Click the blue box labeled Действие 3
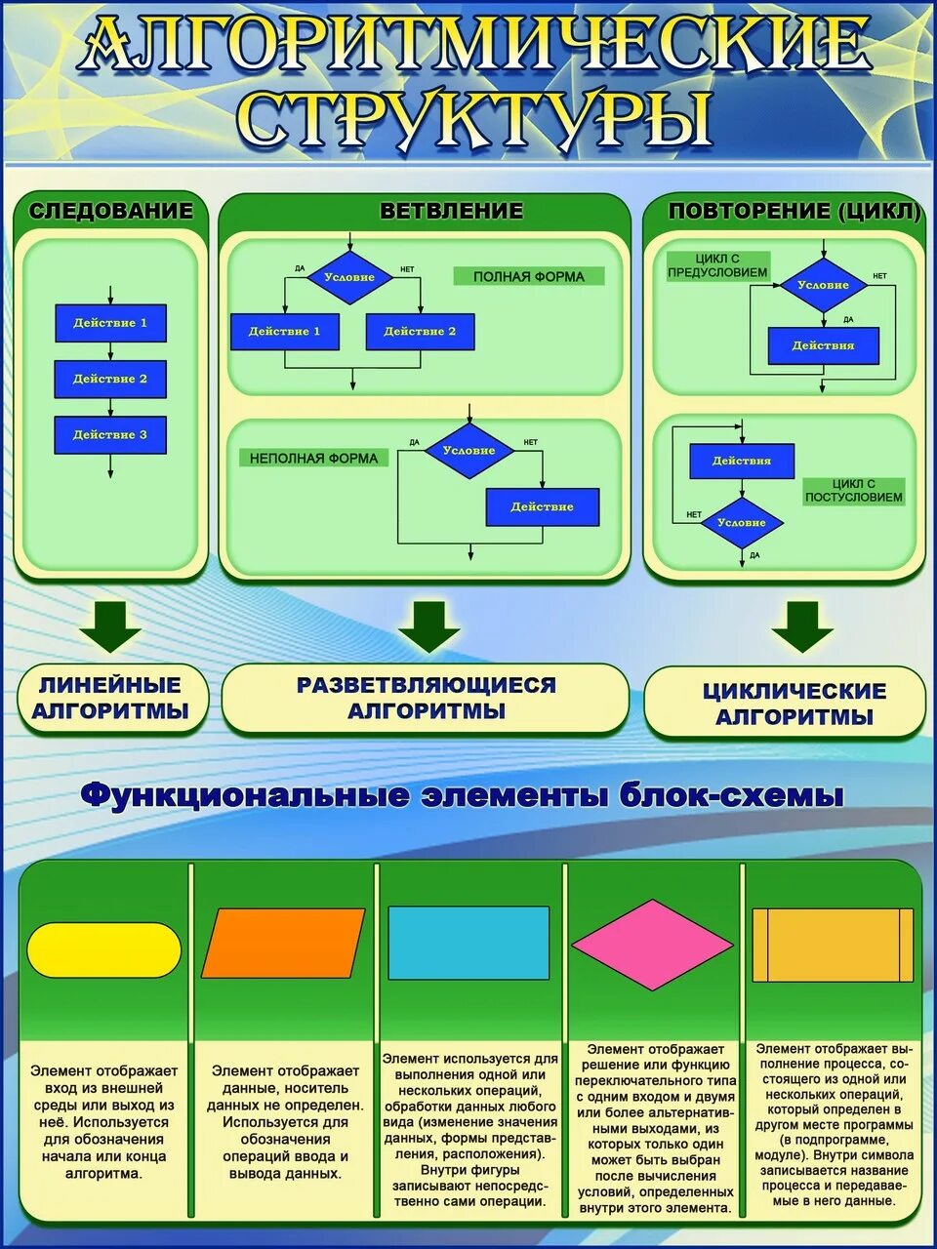[x=110, y=435]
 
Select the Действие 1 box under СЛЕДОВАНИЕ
[x=110, y=323]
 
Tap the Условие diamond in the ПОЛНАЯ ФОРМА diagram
[x=349, y=277]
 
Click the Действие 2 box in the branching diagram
[x=420, y=332]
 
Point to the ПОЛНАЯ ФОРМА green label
[x=529, y=276]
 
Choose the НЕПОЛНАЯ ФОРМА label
[x=313, y=458]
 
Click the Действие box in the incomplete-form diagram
[x=543, y=507]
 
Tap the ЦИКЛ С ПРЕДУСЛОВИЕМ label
[x=717, y=265]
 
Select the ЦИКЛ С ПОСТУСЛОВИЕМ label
[x=854, y=491]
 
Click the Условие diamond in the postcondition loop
[x=742, y=523]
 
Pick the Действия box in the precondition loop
[x=823, y=345]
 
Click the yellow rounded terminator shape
[x=104, y=949]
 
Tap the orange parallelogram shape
[x=283, y=943]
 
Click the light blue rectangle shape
[x=468, y=943]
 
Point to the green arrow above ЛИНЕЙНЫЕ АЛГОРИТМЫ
[x=110, y=626]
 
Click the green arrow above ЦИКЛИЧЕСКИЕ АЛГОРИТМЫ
[x=802, y=626]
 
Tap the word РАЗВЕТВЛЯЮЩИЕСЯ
[x=427, y=685]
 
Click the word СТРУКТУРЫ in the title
[x=474, y=119]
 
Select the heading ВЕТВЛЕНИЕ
[x=451, y=211]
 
